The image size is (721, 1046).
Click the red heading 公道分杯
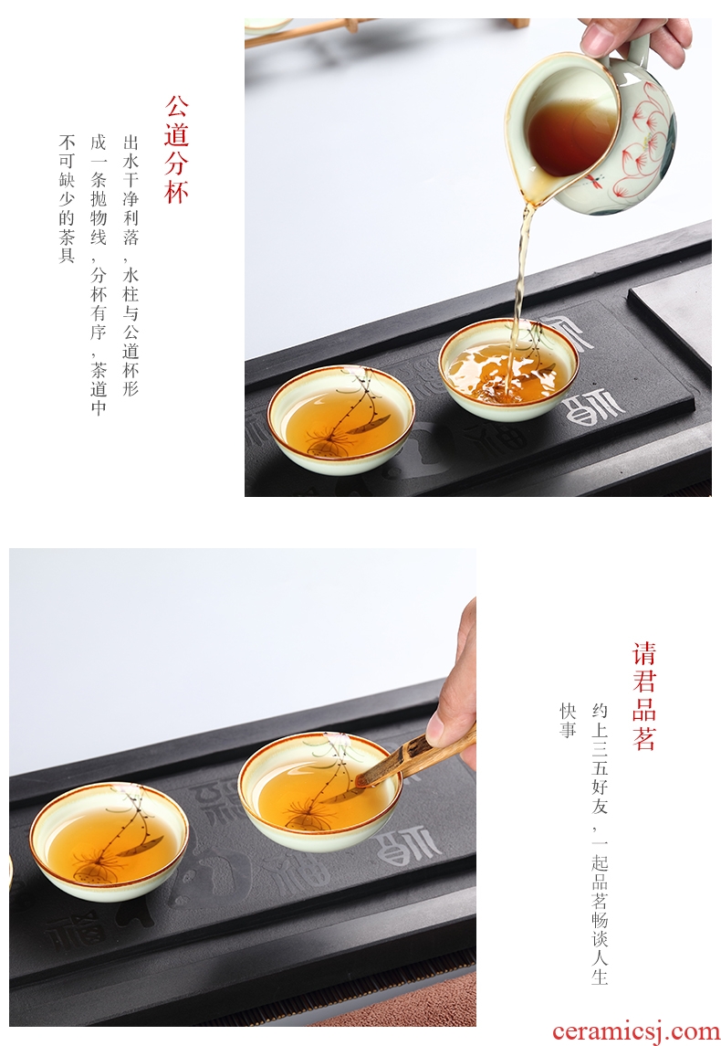pyautogui.click(x=176, y=150)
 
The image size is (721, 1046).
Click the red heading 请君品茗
pyautogui.click(x=643, y=696)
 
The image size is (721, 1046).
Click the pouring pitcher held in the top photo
pyautogui.click(x=590, y=130)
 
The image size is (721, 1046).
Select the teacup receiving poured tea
pyautogui.click(x=508, y=369)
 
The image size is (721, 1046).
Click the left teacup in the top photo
pyautogui.click(x=341, y=418)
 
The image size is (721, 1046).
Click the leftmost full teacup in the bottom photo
pyautogui.click(x=110, y=840)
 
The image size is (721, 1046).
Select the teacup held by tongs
pyautogui.click(x=319, y=790)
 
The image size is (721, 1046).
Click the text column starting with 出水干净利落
pyautogui.click(x=131, y=265)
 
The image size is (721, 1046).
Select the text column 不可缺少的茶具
pyautogui.click(x=67, y=199)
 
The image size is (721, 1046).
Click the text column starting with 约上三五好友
pyautogui.click(x=600, y=843)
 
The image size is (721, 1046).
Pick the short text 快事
pyautogui.click(x=568, y=721)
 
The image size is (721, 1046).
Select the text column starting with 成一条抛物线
pyautogui.click(x=99, y=274)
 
